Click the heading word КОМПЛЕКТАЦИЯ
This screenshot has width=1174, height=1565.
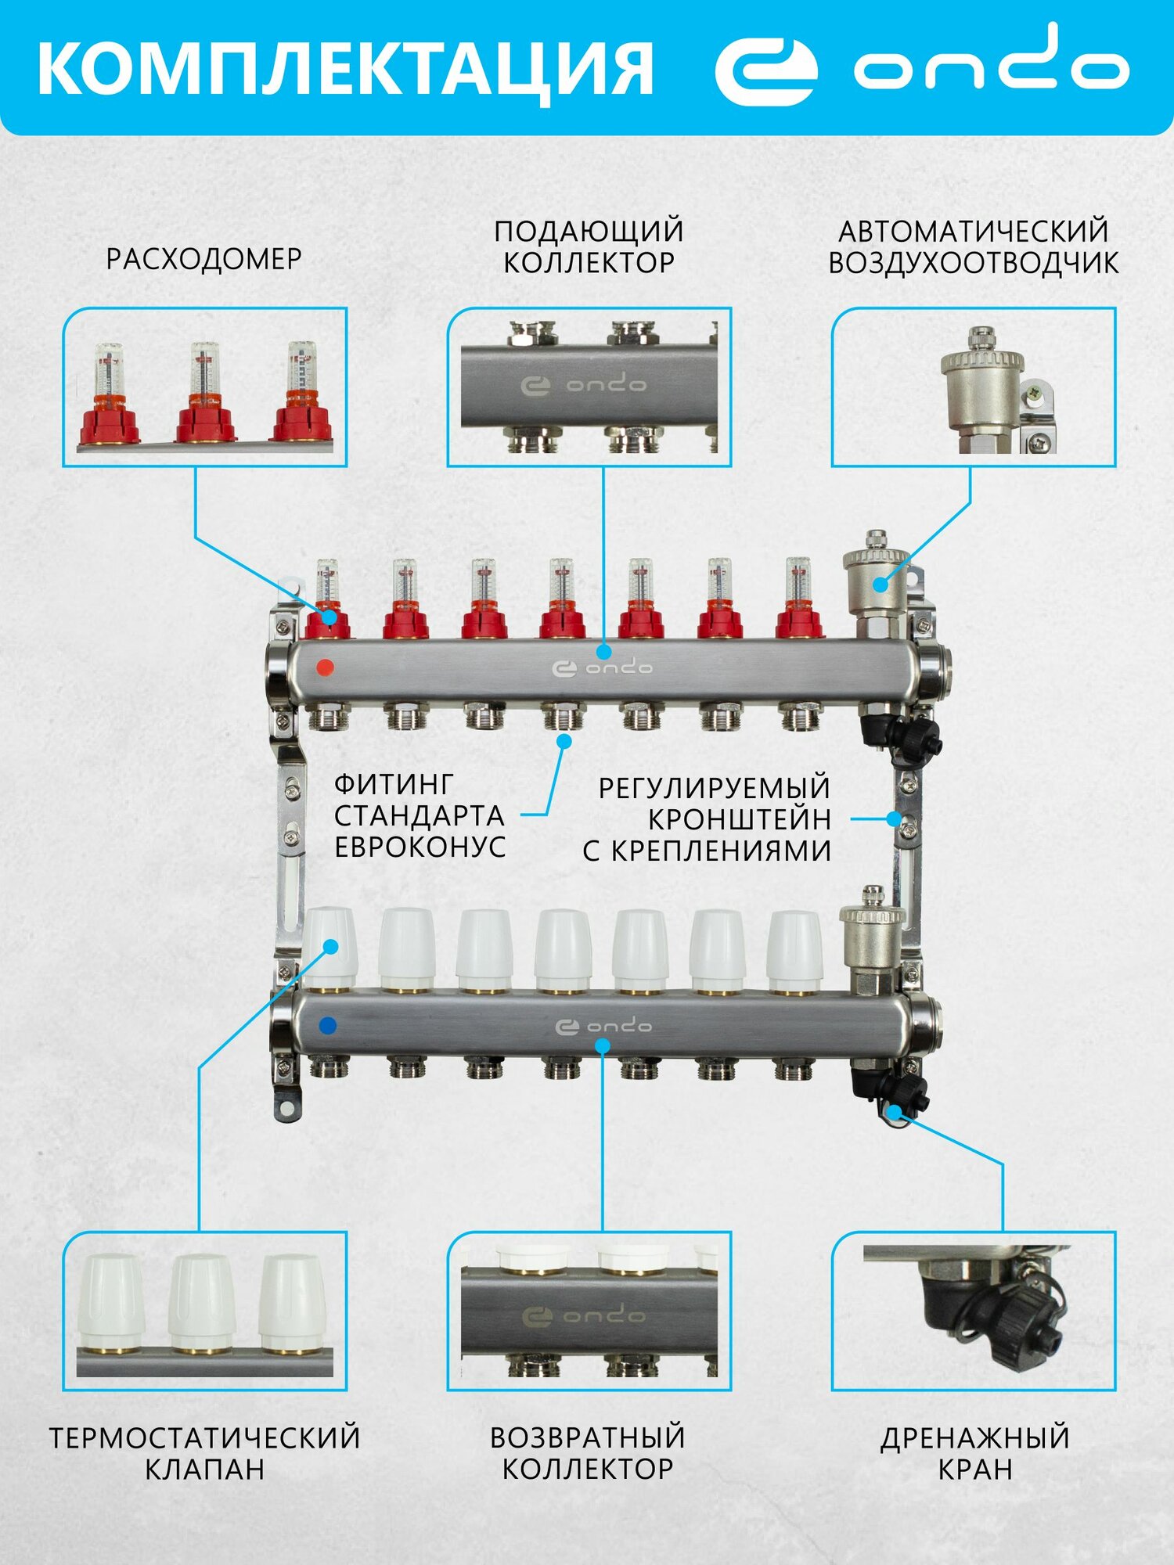(344, 69)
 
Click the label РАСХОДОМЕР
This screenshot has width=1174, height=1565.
(203, 259)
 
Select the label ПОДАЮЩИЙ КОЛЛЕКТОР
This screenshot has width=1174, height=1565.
(589, 246)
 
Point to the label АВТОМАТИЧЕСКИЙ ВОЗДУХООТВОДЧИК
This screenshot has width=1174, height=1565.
(973, 246)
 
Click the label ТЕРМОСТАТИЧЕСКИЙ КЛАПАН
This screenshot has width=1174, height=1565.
(204, 1453)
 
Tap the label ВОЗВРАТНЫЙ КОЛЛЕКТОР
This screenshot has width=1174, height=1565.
(588, 1453)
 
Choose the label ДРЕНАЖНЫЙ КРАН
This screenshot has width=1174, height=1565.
(974, 1453)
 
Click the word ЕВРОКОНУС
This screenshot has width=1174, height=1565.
(420, 847)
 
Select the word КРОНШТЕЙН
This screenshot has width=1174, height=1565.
(740, 819)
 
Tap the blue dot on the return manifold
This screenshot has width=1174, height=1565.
(329, 1025)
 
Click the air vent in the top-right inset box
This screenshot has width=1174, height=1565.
(982, 387)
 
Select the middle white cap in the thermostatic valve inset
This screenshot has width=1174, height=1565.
(202, 1304)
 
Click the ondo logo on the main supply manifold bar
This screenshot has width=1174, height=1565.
(602, 668)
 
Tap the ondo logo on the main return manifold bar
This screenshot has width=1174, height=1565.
(603, 1027)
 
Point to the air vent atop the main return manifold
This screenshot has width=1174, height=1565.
(871, 939)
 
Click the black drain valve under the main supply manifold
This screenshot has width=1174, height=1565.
(900, 736)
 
